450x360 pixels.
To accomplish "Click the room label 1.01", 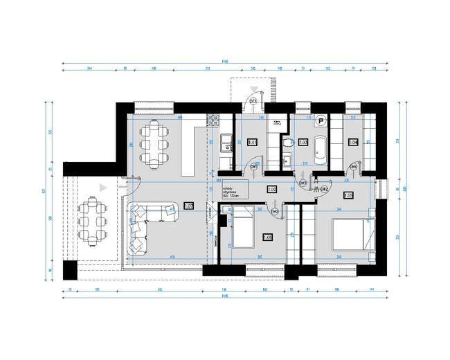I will click(252, 143).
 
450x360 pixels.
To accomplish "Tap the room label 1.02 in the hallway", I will click(272, 189).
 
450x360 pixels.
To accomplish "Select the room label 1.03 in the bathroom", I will click(303, 143).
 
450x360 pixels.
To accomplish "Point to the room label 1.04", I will click(353, 143).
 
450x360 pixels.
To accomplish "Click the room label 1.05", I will click(348, 195).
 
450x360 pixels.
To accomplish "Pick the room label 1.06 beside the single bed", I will click(268, 237).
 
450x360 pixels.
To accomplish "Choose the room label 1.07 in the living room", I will click(188, 206).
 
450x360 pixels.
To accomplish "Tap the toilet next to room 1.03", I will click(287, 142).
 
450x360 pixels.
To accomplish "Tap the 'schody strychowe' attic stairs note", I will click(231, 191).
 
